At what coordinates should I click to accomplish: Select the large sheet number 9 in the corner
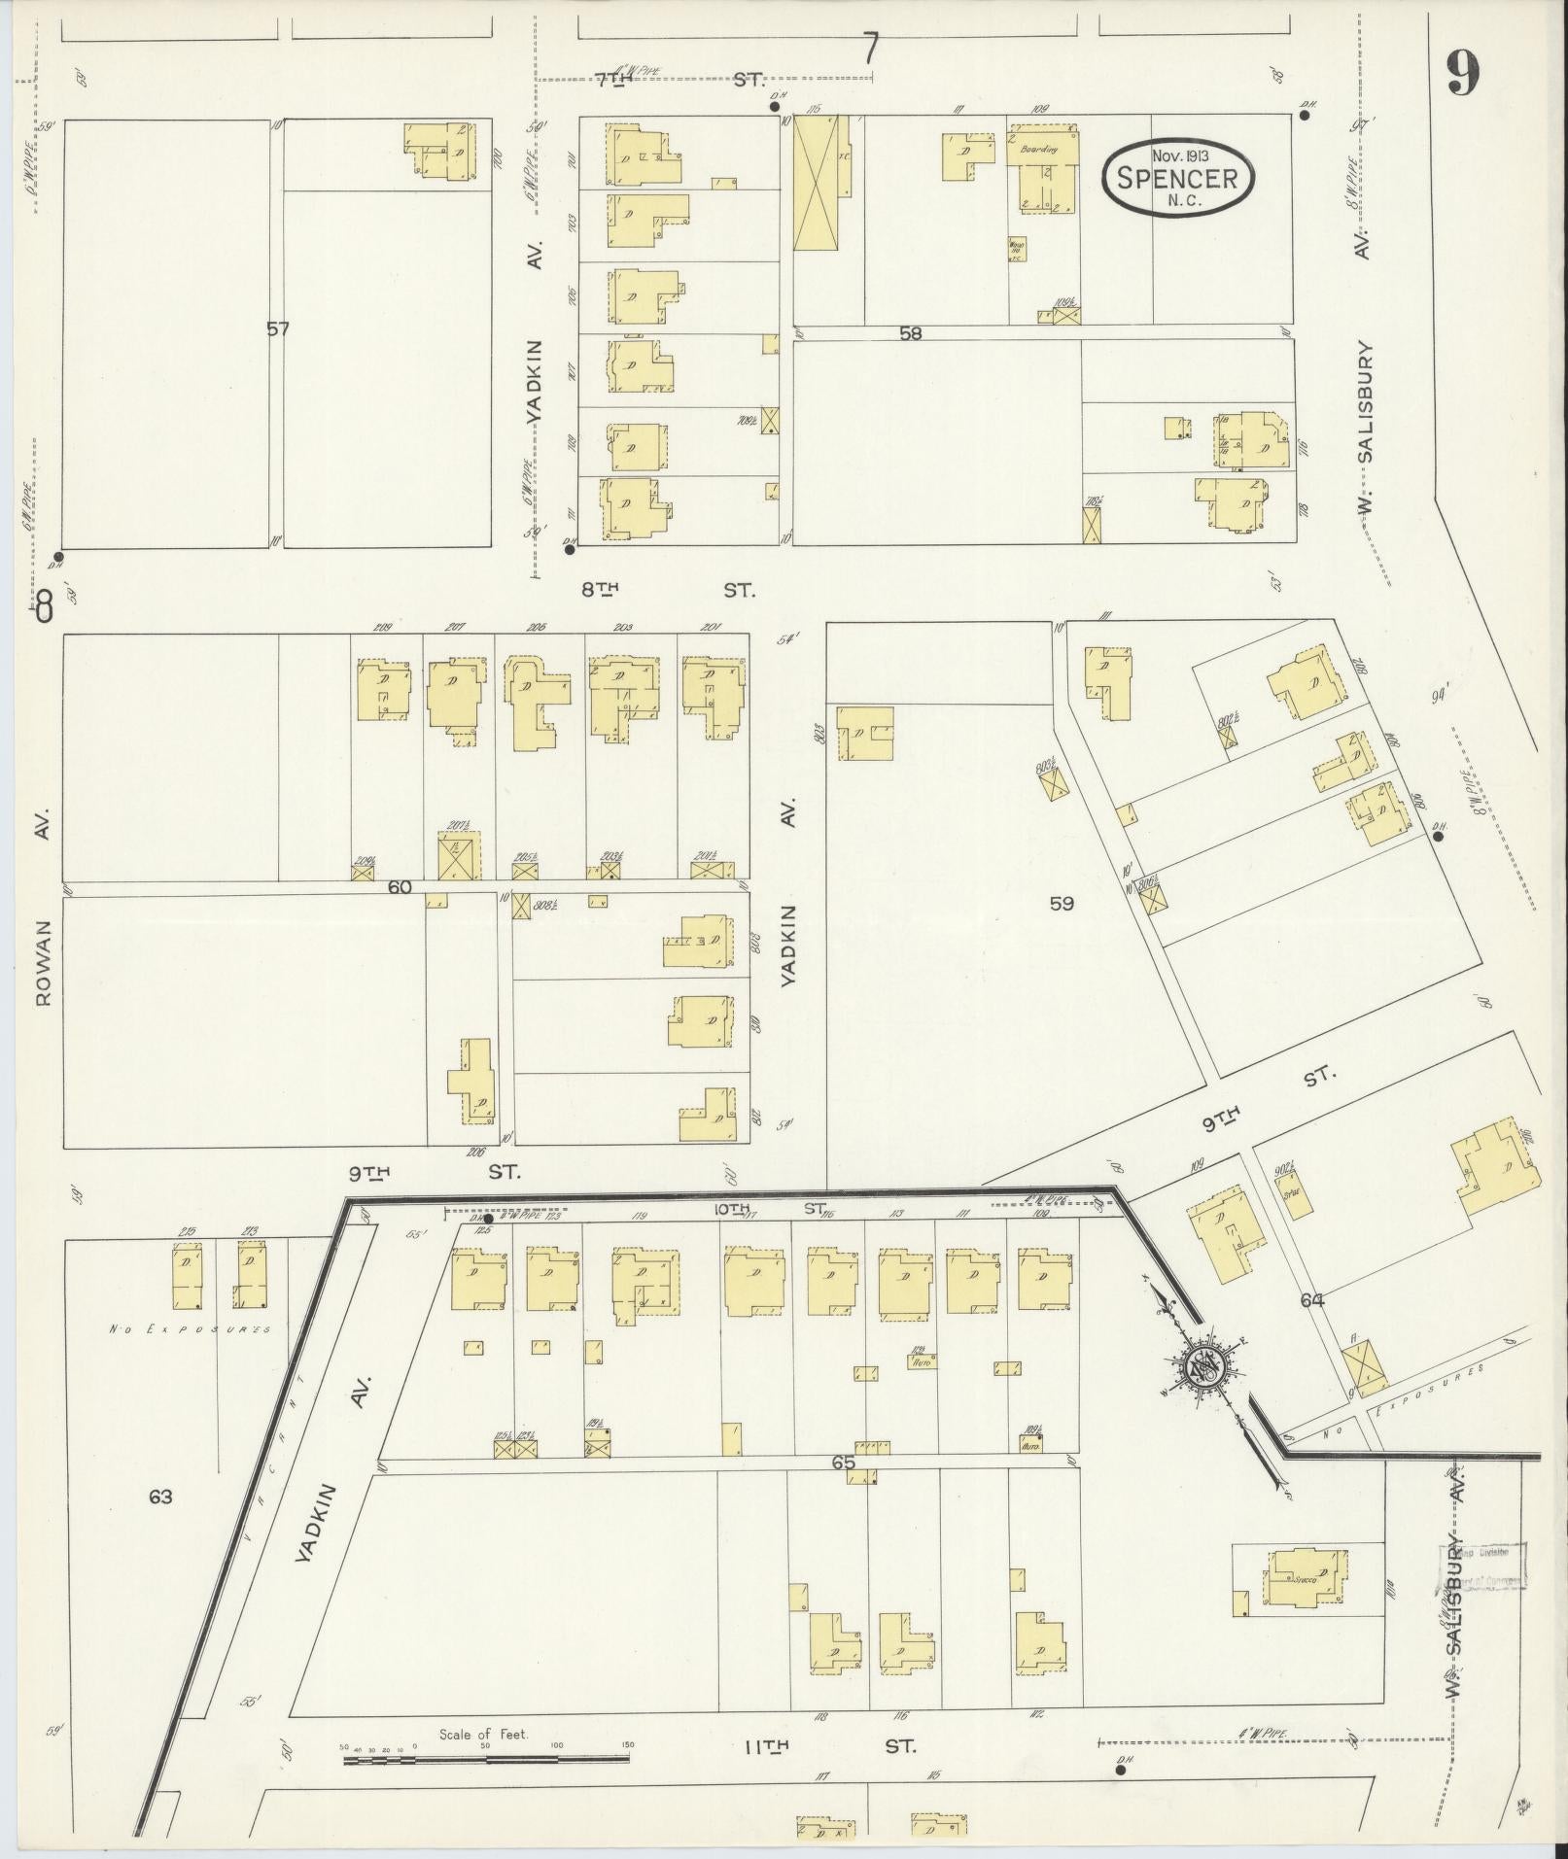(x=1462, y=73)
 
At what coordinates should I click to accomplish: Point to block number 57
(x=278, y=329)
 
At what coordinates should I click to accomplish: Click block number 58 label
(x=910, y=333)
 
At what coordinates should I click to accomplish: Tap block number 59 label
(x=1062, y=904)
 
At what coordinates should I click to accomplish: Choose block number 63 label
(x=160, y=1497)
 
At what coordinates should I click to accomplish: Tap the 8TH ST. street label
(x=671, y=589)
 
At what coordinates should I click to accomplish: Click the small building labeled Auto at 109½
(x=1032, y=1446)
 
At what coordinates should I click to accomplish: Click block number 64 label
(x=1312, y=1300)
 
